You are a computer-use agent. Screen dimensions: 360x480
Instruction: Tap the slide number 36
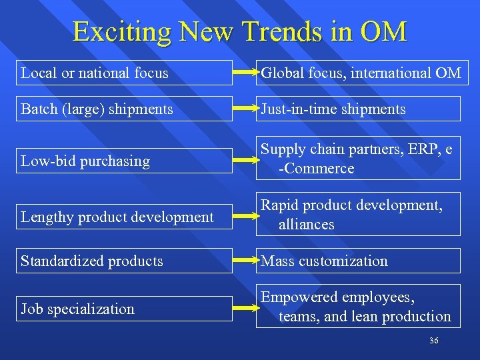tap(434, 341)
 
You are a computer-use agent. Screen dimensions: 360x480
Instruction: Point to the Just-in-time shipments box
tap(359, 109)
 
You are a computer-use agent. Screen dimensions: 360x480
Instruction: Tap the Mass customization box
tap(359, 261)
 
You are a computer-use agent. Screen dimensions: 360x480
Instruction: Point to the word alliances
tap(307, 225)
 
